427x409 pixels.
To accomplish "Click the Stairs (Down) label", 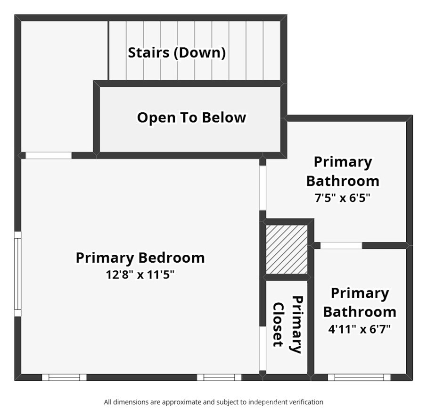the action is point(177,52).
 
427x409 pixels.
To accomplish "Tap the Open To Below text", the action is point(191,117).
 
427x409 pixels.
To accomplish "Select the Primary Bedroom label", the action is point(140,258).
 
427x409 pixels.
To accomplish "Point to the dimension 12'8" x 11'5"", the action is point(140,275).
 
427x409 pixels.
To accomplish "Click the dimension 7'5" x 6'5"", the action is point(343,198).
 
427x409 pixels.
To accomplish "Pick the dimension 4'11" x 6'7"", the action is point(360,329).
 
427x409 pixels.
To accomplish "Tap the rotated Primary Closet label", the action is point(287,325).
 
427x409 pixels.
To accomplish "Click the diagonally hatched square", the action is point(287,249).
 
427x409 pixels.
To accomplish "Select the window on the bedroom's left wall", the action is point(18,274).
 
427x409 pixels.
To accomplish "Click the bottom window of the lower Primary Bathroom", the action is point(359,377).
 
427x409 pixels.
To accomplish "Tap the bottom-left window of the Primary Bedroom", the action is point(64,377).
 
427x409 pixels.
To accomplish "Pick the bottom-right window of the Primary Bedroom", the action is point(219,377).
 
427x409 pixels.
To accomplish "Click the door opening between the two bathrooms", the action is point(341,245).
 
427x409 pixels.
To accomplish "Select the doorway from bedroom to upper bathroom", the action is point(263,188).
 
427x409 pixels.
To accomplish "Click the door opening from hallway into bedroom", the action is point(49,156).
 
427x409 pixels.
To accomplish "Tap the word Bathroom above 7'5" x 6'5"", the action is point(343,181).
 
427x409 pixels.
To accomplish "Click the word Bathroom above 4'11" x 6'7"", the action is point(360,312).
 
